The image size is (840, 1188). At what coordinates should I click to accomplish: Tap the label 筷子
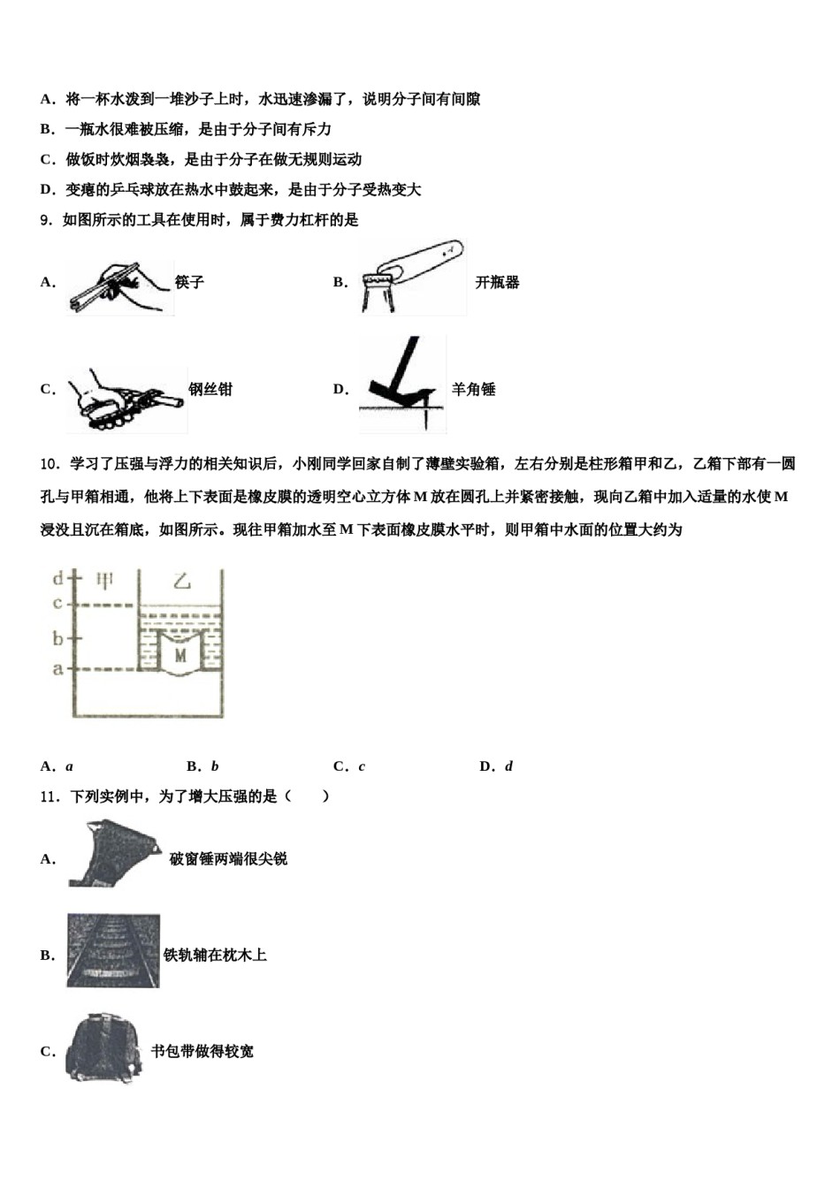coord(189,282)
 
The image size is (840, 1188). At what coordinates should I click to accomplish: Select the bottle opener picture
coord(412,278)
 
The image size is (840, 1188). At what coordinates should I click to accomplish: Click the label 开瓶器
coord(497,283)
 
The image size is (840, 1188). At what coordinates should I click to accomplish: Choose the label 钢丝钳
coord(210,389)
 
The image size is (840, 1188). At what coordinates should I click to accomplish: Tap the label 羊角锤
coord(474,389)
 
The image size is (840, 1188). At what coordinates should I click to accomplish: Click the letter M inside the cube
coord(180,655)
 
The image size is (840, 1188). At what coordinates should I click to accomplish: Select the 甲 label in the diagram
coord(105,581)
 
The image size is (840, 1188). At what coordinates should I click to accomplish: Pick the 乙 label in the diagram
coord(181,581)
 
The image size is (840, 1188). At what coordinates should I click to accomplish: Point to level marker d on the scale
coord(58,579)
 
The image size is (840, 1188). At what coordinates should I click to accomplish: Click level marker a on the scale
coord(58,668)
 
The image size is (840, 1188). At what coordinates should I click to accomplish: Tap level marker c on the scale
coord(58,605)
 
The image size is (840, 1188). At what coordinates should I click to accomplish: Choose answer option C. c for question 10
coord(349,766)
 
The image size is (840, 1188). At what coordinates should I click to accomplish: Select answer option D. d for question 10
coord(496,766)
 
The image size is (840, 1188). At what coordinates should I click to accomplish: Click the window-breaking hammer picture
coord(114,853)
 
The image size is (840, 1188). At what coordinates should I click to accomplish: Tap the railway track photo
coord(113,951)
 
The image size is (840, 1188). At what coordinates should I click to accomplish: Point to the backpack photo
coord(103,1048)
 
